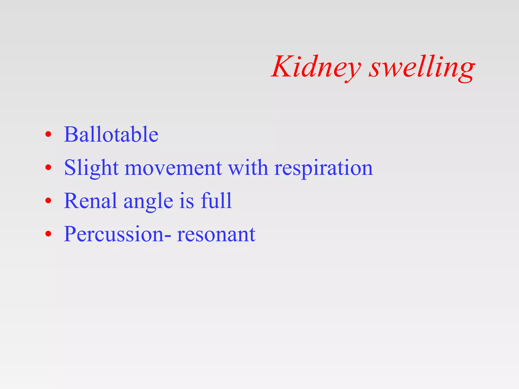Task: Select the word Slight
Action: pyautogui.click(x=91, y=168)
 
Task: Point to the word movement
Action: pyautogui.click(x=173, y=168)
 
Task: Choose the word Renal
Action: pyautogui.click(x=90, y=201)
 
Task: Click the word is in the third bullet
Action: pyautogui.click(x=187, y=201)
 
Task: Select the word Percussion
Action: pyautogui.click(x=114, y=234)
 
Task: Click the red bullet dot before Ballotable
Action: pyautogui.click(x=48, y=134)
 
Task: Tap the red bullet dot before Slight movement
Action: pyautogui.click(x=48, y=168)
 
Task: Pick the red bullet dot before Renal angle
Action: pyautogui.click(x=48, y=201)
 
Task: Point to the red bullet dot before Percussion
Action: pyautogui.click(x=48, y=234)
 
